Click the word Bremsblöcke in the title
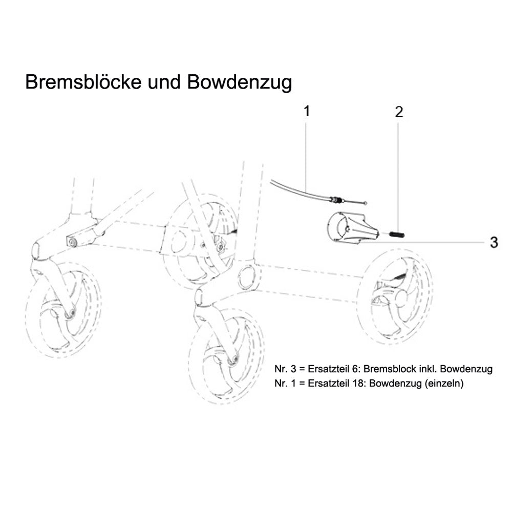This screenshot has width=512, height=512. coord(80,82)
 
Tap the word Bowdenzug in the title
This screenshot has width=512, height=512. coord(239,82)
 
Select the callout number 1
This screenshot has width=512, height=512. coord(307,111)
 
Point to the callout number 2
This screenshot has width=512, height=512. coord(399,112)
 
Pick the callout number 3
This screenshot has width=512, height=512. coord(494,242)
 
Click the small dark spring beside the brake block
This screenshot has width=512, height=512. coord(398,234)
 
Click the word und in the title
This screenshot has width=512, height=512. coord(166,82)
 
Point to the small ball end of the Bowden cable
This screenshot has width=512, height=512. coord(364,204)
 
